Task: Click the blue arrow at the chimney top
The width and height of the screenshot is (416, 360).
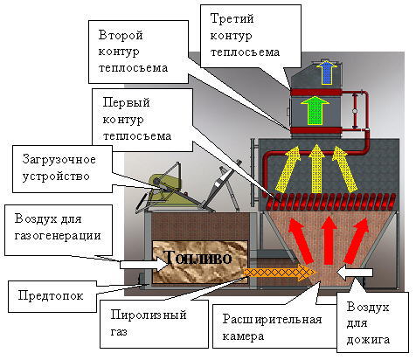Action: [x=327, y=72]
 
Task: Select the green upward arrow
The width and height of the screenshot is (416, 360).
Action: [x=315, y=110]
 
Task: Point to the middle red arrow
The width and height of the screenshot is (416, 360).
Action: [x=329, y=240]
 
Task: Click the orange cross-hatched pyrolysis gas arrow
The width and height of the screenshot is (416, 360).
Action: [x=280, y=273]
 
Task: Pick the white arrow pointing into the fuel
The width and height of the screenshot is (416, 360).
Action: [x=144, y=264]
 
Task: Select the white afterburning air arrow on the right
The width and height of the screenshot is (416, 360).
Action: [x=354, y=273]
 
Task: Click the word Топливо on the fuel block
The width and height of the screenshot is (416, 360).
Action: [x=198, y=258]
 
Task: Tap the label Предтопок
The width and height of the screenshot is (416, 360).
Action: [x=51, y=295]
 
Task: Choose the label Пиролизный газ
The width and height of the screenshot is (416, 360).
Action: [x=149, y=322]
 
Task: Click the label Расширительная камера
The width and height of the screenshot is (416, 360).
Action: [x=272, y=328]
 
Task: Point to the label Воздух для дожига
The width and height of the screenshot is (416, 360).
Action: [x=368, y=323]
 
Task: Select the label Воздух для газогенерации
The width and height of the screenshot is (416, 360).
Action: [x=58, y=226]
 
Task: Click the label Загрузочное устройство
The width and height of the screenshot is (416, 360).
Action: [x=59, y=168]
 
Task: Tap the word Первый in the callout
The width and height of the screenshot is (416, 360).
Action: [x=127, y=102]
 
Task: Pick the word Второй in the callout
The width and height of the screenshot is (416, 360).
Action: [x=121, y=35]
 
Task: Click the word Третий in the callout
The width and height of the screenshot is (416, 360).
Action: [x=232, y=19]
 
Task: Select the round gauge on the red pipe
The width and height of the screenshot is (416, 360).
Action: [x=355, y=111]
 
